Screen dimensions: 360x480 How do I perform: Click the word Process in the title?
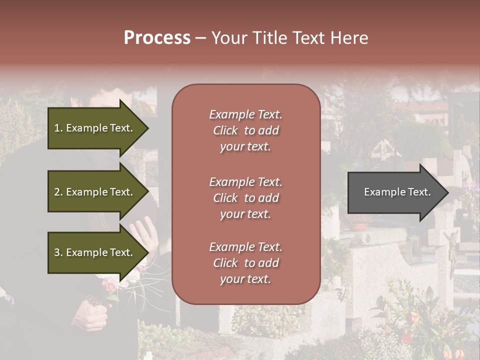tap(157, 38)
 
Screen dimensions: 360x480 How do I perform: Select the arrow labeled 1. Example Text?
tap(95, 128)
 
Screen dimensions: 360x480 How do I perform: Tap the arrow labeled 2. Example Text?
tap(95, 192)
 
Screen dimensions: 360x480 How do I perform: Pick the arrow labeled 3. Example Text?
tap(95, 252)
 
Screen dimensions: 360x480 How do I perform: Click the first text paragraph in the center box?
tap(245, 130)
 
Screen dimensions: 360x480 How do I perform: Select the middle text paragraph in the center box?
tap(245, 198)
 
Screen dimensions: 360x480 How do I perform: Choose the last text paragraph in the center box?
tap(245, 263)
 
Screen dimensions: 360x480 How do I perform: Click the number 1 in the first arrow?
tap(57, 128)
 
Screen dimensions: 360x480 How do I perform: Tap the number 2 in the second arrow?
tap(57, 192)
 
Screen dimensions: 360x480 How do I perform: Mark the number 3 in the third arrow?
tap(57, 252)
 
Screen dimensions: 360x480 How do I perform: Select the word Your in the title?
tap(228, 38)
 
